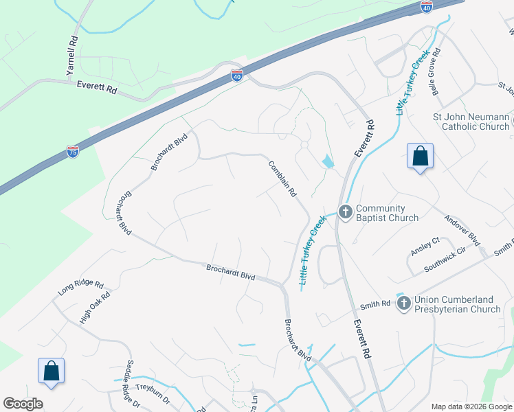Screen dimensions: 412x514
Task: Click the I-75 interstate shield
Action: (x=73, y=152)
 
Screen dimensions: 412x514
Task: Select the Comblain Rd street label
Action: (x=282, y=179)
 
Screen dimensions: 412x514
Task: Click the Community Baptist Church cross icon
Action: (x=345, y=211)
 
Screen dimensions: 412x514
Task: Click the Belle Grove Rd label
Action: (x=436, y=65)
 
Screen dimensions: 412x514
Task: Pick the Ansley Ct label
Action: (x=425, y=247)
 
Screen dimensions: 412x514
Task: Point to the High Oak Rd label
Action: (x=94, y=306)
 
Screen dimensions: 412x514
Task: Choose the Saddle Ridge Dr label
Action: (x=130, y=385)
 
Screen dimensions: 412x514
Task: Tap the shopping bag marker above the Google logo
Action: (x=51, y=371)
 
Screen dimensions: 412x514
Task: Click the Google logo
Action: (x=23, y=404)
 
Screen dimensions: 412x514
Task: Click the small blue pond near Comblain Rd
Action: (x=328, y=162)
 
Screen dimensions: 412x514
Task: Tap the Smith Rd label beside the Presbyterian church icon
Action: (x=376, y=304)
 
